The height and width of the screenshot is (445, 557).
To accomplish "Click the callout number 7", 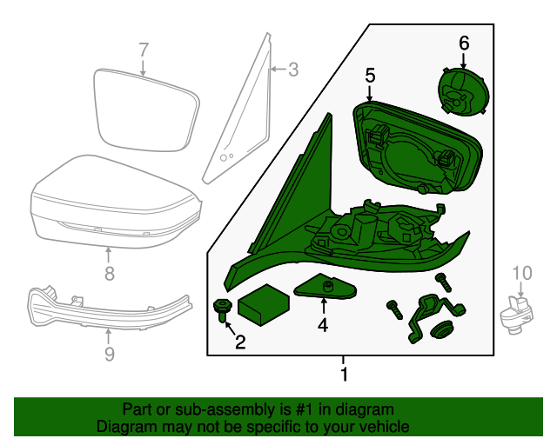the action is [x=143, y=50].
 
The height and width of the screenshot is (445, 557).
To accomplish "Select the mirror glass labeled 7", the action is [x=146, y=110].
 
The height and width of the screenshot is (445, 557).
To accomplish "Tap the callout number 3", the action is [x=293, y=70].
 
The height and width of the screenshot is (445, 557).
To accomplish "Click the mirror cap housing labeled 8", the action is [x=116, y=202].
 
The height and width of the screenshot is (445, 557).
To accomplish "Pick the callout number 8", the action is [x=110, y=273].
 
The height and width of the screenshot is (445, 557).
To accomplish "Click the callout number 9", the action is [x=110, y=354].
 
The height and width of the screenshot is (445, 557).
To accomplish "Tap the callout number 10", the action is [x=522, y=273].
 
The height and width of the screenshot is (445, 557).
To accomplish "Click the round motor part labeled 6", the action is [x=463, y=91].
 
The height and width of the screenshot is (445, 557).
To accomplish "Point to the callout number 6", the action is [x=464, y=43].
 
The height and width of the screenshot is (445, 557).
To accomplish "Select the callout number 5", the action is [x=370, y=76].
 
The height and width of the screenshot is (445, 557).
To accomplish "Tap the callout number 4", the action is [x=323, y=325].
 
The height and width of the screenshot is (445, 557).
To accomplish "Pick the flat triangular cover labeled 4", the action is [x=325, y=286].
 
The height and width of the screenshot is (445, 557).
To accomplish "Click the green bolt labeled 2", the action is [x=223, y=309].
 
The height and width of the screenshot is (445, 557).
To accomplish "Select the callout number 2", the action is [x=240, y=342].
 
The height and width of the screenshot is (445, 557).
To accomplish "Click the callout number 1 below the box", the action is [x=344, y=374].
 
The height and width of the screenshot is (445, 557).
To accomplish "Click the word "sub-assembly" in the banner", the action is [x=225, y=410].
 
